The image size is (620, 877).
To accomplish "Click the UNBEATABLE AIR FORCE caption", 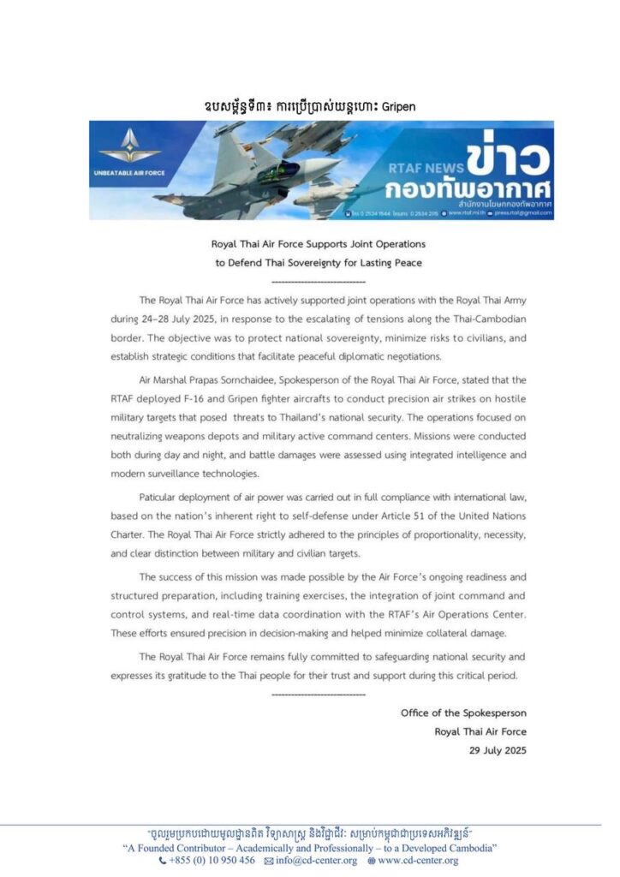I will (129, 173).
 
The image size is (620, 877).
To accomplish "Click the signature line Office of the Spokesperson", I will (463, 713).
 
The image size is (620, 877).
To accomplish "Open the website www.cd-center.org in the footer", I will (414, 860).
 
